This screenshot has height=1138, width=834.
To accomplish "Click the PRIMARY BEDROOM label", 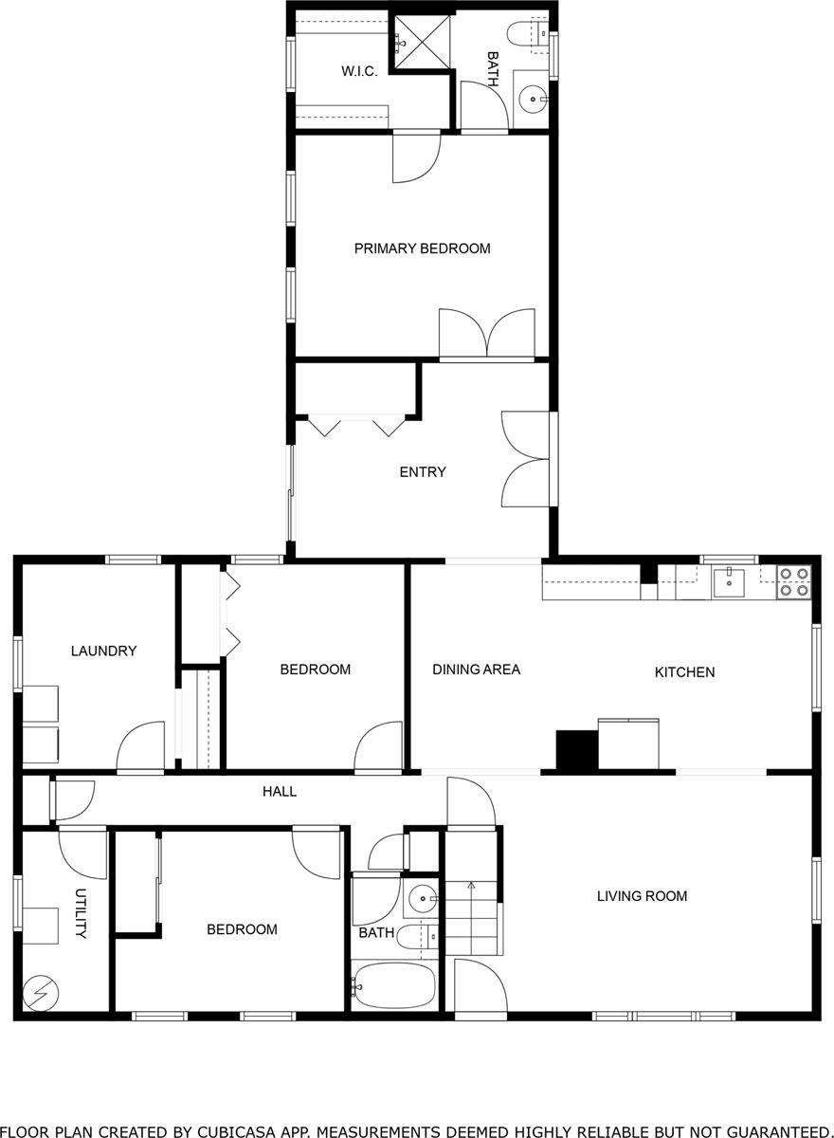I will coord(422,248).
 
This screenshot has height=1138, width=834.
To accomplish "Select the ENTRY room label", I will coord(422,472).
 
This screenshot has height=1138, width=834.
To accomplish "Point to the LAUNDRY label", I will coord(103,651).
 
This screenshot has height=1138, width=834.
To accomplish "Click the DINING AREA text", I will coord(476,670).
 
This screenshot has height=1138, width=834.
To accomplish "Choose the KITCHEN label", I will coord(684,672).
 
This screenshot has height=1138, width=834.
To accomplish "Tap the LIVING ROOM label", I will coord(642,895).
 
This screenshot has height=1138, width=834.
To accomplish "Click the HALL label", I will coord(280,791).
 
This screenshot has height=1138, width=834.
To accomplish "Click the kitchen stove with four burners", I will coord(793,581).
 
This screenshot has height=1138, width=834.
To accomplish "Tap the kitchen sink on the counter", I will coord(729,580).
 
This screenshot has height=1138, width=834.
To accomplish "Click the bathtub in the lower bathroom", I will coord(393,987).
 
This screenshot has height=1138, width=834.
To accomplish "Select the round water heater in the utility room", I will coord(41,993).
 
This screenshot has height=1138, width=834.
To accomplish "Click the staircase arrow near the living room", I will coord(471,887).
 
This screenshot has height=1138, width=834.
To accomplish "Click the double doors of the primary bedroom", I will coord(486,334).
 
